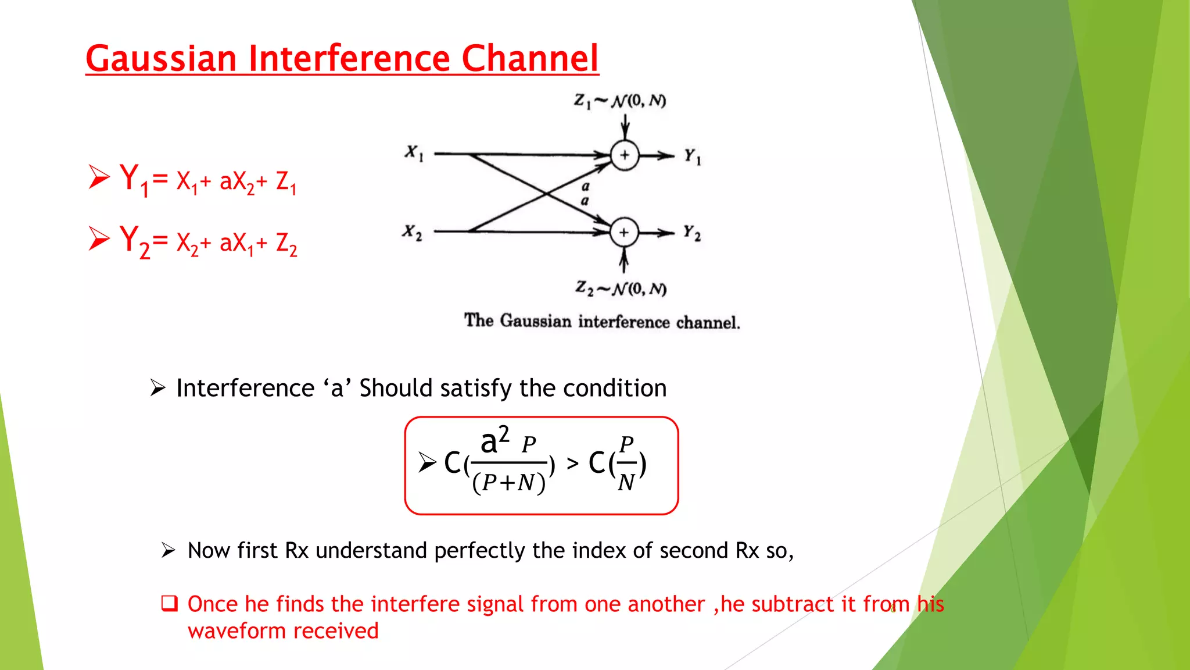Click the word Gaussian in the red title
coord(161,59)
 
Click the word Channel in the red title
coord(529,59)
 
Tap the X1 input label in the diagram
coord(414,154)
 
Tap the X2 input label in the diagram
coord(412,232)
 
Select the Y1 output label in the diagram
coord(692,156)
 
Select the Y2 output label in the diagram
coord(691,233)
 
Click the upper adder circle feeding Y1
coord(625,155)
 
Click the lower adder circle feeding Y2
coord(624,233)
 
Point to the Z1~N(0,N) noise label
coord(619,101)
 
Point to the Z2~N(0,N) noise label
coord(621,288)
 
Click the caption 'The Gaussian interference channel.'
coord(601,322)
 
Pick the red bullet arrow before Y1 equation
coord(99,177)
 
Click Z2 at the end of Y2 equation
coord(286,244)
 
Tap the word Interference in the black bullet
coord(245,388)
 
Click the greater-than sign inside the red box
coord(573,464)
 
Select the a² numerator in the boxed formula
coord(494,441)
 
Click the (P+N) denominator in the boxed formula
coord(509,483)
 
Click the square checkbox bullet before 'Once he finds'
coord(169,603)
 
